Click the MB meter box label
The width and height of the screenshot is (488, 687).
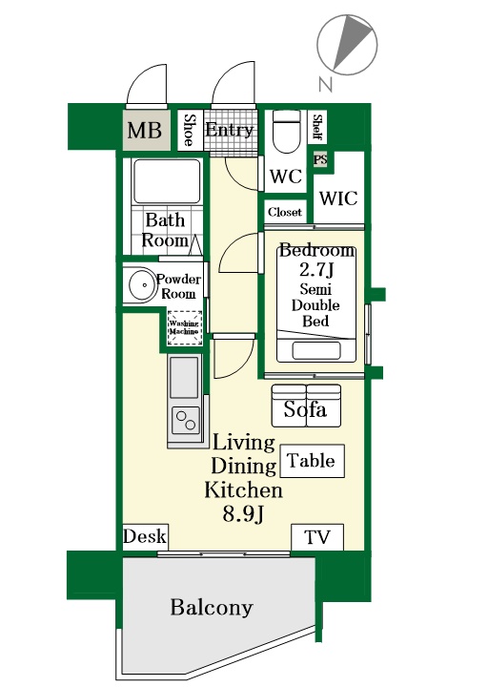(145, 130)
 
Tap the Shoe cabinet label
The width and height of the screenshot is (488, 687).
(190, 130)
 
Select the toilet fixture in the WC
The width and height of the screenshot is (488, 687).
(287, 131)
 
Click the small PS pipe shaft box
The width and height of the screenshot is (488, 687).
(320, 159)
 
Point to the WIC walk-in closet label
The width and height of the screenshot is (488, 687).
(338, 198)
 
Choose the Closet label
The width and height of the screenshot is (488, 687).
(285, 212)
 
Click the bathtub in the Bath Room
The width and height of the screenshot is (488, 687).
(167, 181)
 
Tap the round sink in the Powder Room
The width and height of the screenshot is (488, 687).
(143, 284)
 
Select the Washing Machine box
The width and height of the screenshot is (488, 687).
(185, 327)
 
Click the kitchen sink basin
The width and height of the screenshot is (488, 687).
(184, 377)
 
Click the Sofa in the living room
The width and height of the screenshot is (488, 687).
(306, 406)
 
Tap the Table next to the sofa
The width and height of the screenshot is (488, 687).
(312, 461)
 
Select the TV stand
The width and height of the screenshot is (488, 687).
(317, 537)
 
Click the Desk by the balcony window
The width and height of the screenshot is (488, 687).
(145, 536)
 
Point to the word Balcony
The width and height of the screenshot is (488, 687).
(212, 607)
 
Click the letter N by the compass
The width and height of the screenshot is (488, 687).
(326, 83)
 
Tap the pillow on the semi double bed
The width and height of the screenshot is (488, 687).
(316, 350)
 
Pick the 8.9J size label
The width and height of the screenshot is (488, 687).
(243, 513)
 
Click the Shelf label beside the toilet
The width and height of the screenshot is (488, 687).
(317, 128)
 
